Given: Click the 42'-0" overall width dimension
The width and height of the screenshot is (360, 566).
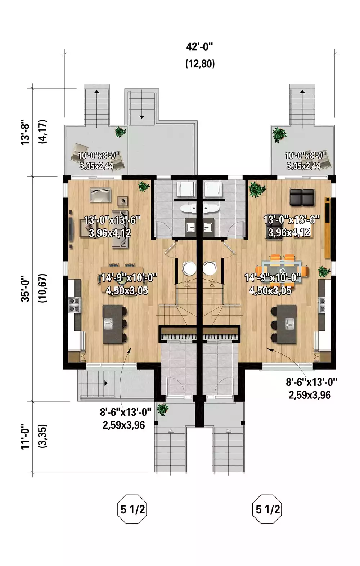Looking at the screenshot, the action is click(200, 47).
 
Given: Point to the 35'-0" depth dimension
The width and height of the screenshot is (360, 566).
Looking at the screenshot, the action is click(26, 288).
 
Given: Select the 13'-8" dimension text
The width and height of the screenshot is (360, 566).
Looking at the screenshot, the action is click(26, 132).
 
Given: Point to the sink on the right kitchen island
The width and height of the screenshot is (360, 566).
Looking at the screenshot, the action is click(289, 324).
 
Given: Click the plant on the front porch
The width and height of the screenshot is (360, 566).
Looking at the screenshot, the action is click(162, 410).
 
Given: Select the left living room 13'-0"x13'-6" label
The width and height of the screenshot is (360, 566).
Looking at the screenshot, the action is click(112, 220).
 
